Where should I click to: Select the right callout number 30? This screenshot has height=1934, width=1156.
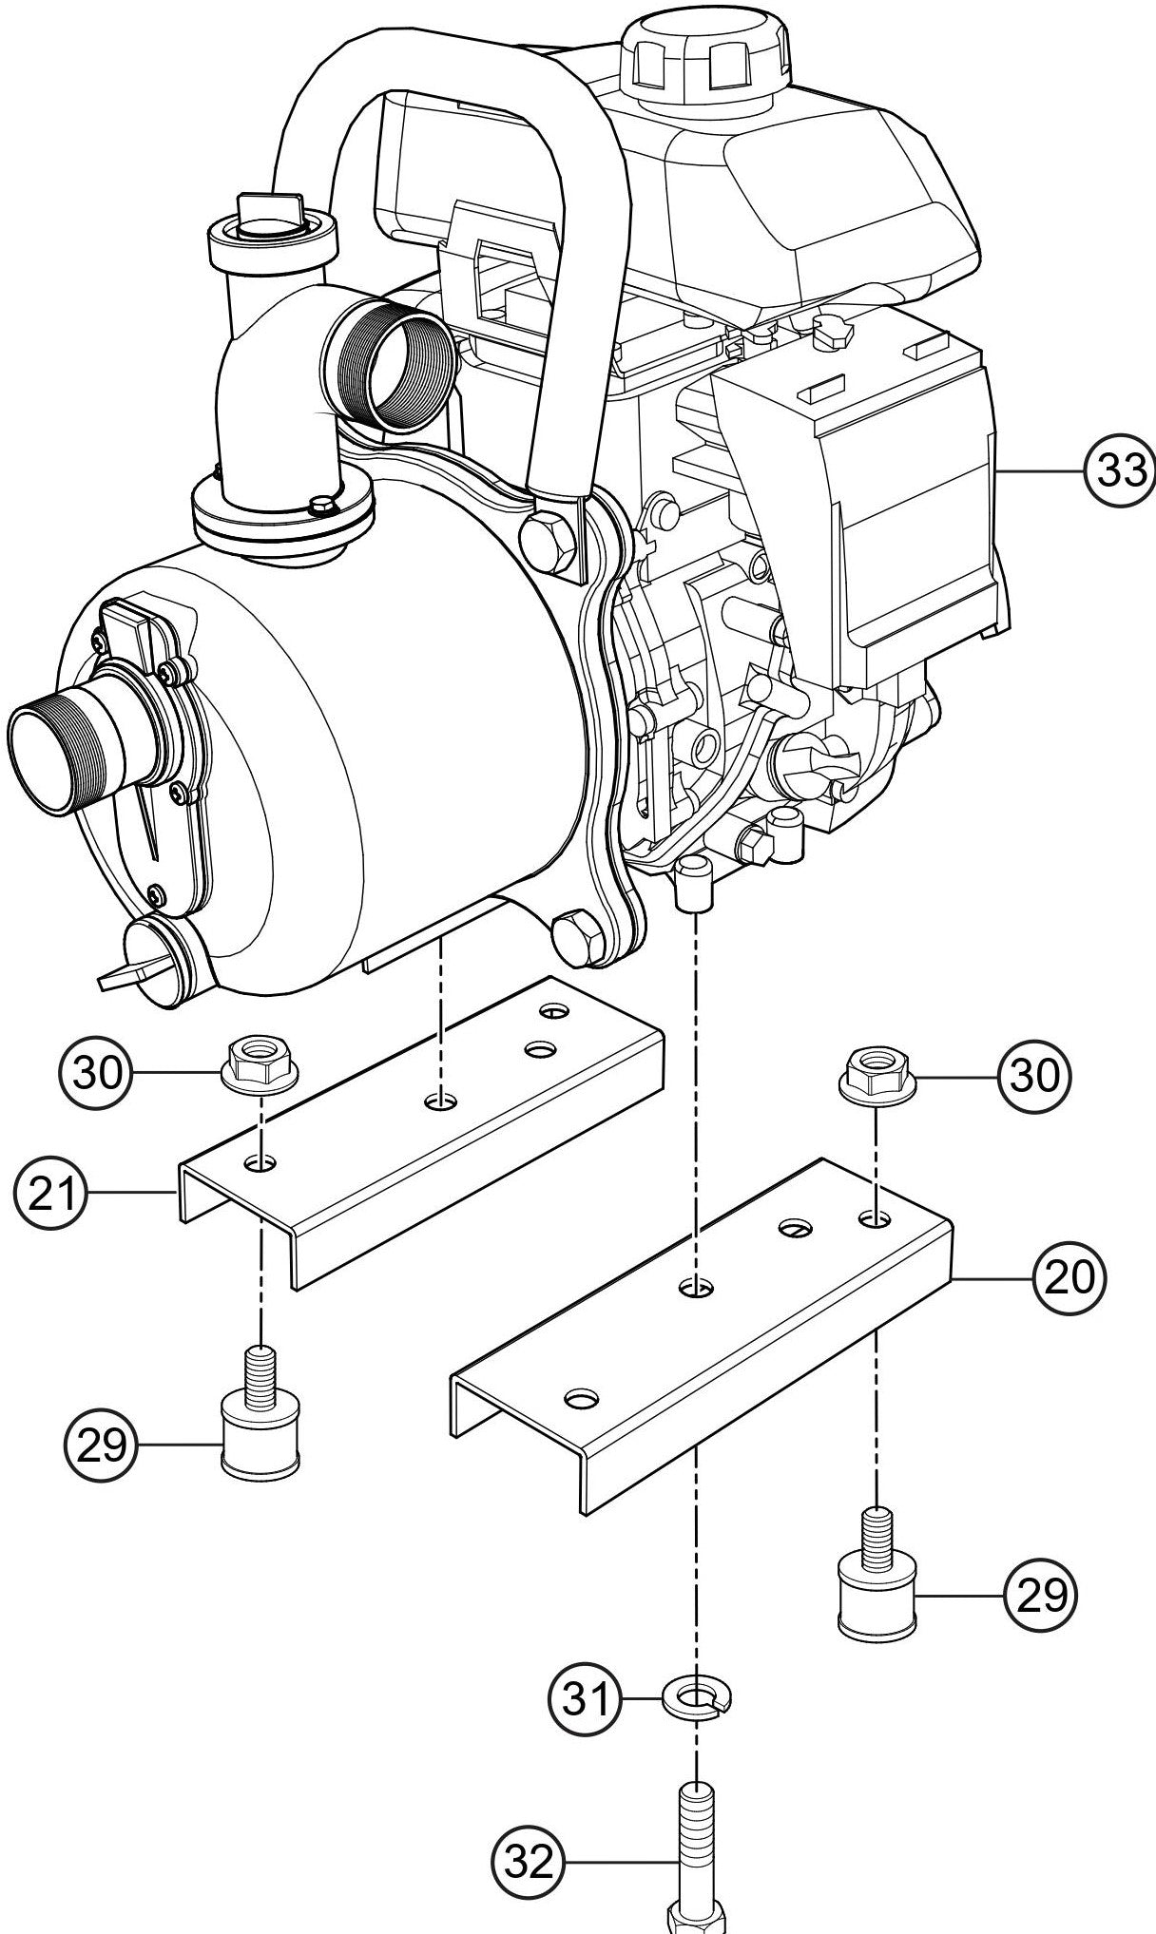pyautogui.click(x=1033, y=1076)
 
